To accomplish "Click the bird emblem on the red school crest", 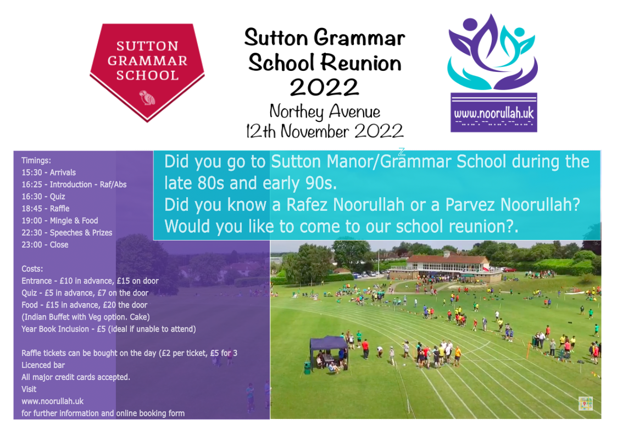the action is (x=148, y=98).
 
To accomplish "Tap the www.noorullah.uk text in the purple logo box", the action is (x=494, y=114).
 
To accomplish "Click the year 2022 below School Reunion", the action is (x=325, y=87).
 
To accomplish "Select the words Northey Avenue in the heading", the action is (x=325, y=112).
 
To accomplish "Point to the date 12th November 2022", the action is (x=325, y=131).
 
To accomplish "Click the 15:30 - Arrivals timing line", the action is (x=49, y=172).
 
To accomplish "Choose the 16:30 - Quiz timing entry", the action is (x=43, y=197).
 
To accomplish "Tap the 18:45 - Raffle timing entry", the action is (x=46, y=209).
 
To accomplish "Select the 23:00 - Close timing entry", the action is (x=45, y=245).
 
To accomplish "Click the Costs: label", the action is (x=32, y=269).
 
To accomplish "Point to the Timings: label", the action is (x=36, y=160).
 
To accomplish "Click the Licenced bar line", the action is (x=43, y=365).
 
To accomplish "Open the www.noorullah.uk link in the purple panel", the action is (x=53, y=401).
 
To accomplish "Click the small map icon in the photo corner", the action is (x=586, y=404).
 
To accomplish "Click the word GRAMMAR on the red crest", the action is (x=148, y=61).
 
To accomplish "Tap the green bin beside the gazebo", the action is (x=307, y=368).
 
